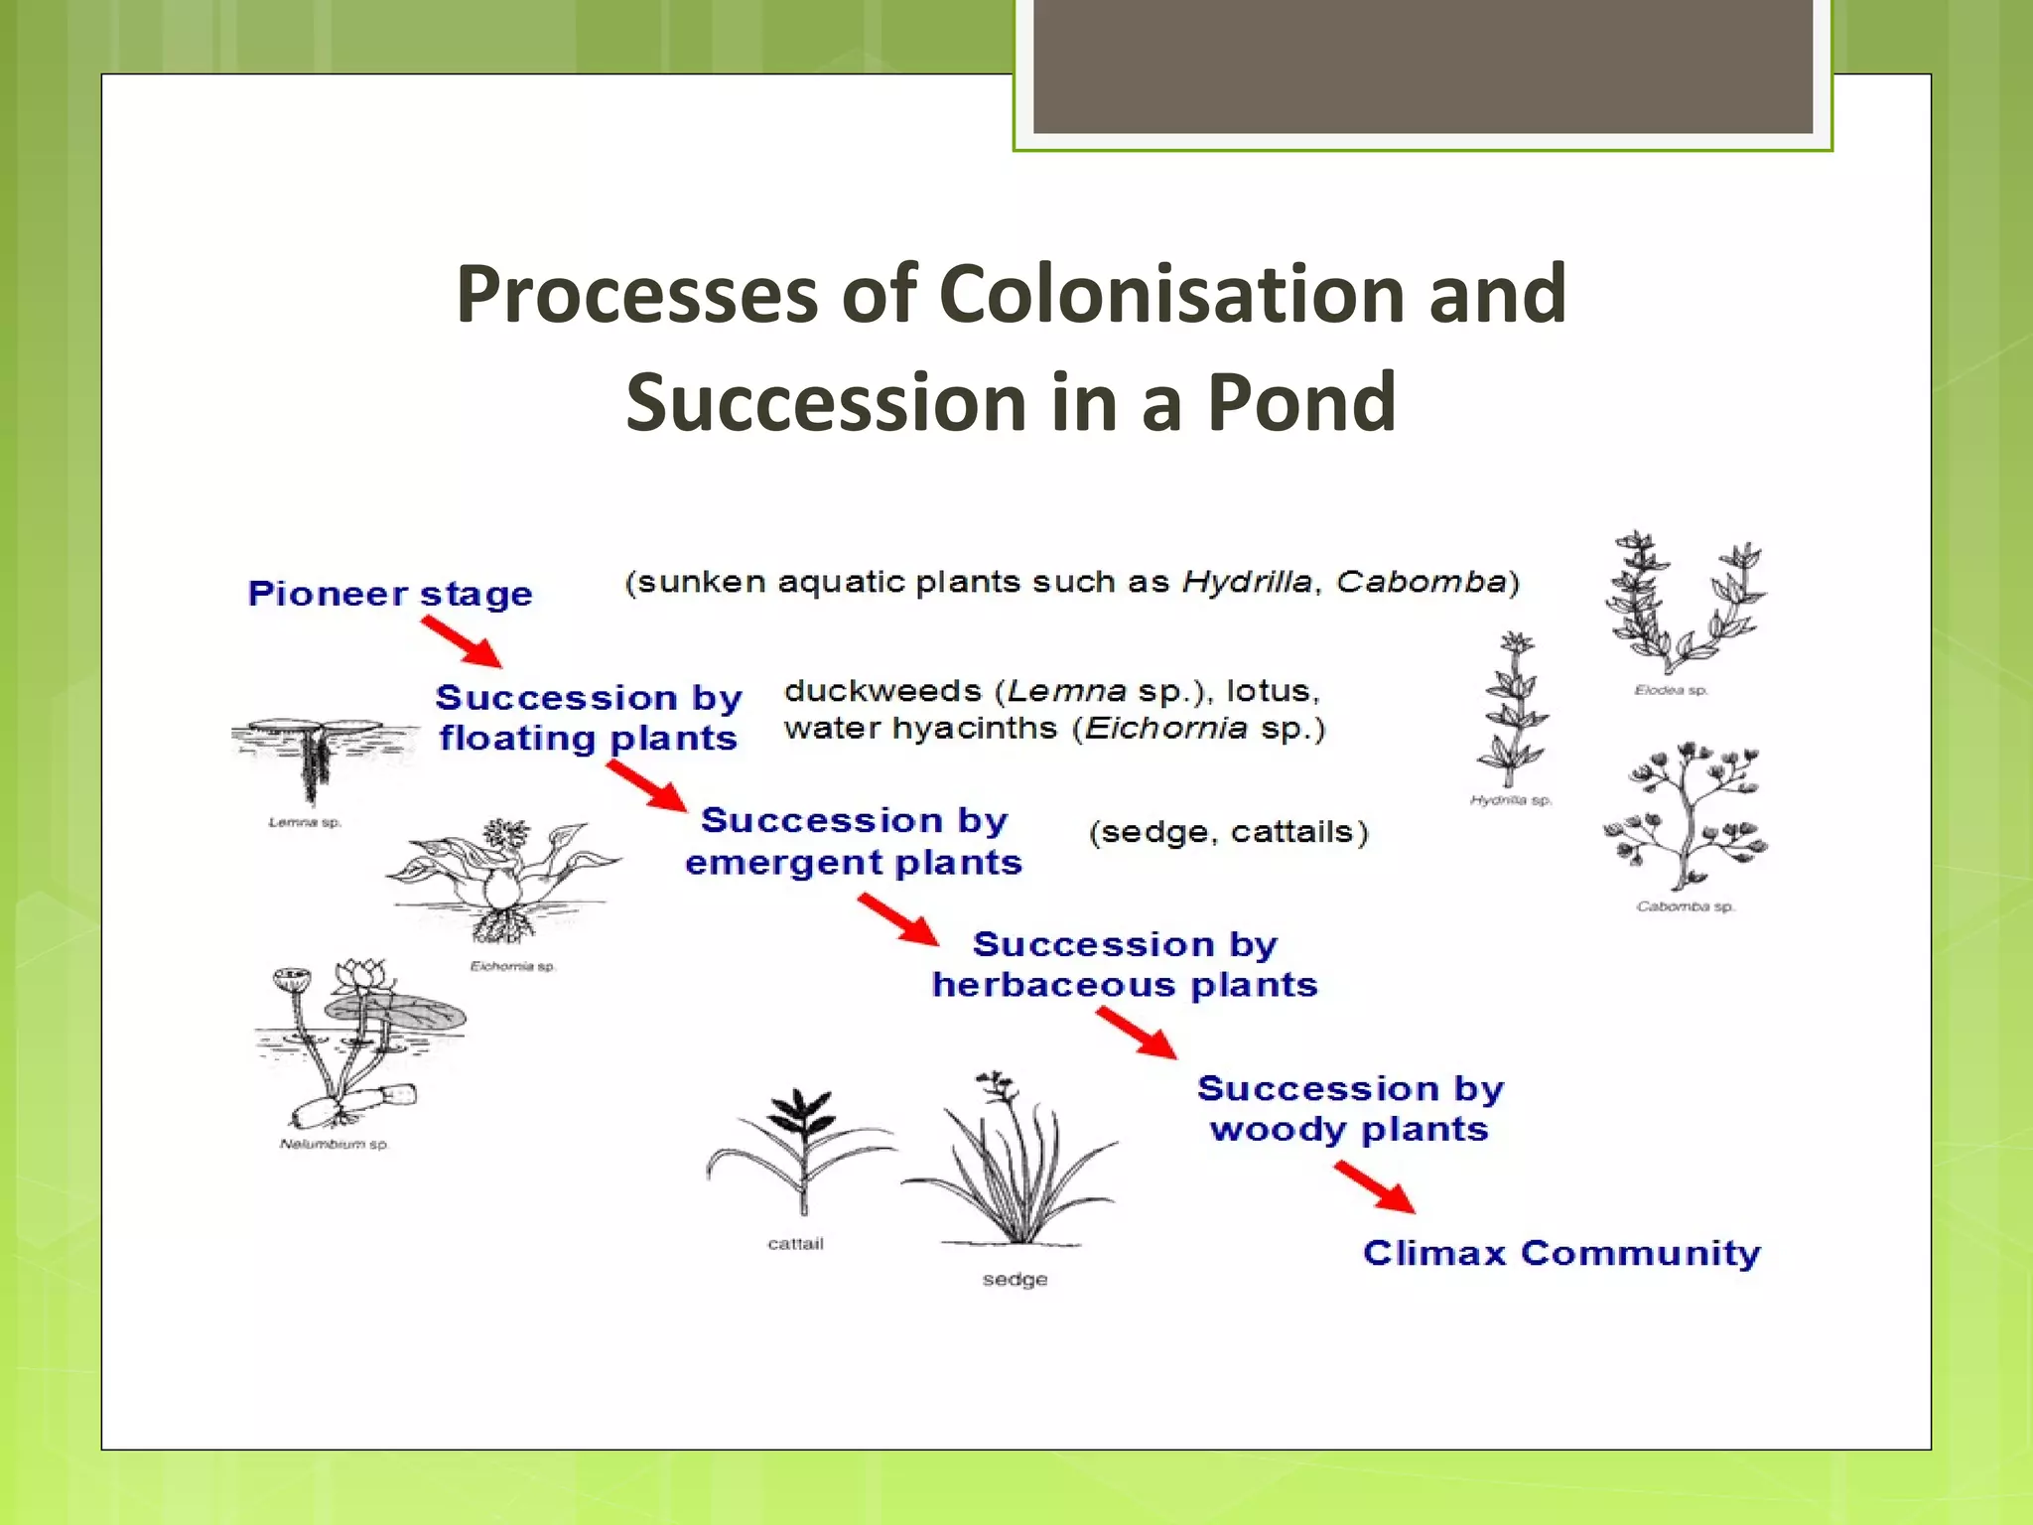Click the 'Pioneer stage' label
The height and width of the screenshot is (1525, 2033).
pos(390,594)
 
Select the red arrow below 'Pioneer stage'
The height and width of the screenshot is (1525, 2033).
pos(462,641)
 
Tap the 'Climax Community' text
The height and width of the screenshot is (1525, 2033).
pos(1561,1253)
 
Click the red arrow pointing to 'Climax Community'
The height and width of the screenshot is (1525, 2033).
pos(1375,1187)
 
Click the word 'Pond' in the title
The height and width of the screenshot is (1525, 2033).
pos(1300,402)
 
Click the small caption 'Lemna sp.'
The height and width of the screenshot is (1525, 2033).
pos(305,823)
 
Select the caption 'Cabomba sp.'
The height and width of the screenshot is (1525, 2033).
pos(1685,906)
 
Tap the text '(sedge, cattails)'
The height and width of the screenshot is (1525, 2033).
pos(1228,832)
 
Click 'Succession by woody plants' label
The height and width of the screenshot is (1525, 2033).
pos(1350,1109)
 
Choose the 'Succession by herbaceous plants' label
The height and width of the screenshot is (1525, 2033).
pos(1125,964)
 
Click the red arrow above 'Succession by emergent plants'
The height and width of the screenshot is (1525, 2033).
pos(647,786)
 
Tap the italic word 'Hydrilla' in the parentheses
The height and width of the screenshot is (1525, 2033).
pos(1247,582)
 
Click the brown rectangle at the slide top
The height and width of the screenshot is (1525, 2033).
pos(1423,66)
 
